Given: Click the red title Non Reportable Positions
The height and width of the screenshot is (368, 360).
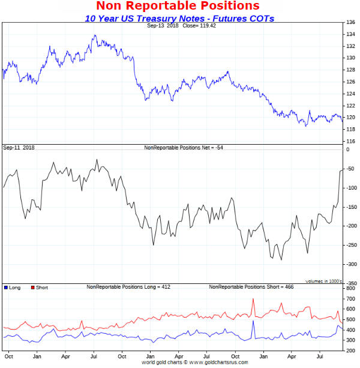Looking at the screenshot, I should coord(178,6).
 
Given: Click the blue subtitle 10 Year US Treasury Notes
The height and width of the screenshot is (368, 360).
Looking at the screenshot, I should coord(179,18).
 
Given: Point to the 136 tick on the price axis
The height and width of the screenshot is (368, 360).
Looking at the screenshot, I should coord(350,22).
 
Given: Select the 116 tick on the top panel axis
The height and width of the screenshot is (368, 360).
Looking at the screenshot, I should coord(350,141).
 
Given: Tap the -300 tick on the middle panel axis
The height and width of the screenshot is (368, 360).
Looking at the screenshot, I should coord(350,264).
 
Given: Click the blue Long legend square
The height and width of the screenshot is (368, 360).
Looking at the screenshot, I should coord(5,288).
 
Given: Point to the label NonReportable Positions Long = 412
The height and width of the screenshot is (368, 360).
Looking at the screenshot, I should coord(128,288).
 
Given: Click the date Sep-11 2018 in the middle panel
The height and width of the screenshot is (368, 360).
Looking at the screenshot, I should coord(19,148).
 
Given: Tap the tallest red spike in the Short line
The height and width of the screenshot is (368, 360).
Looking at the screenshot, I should coord(253,299).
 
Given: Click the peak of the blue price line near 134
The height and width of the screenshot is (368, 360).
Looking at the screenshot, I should coord(94,35).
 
